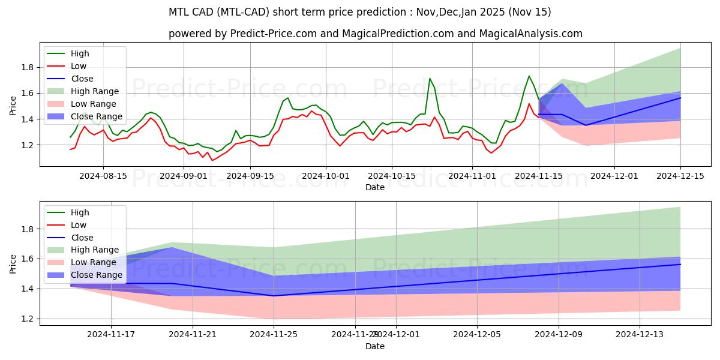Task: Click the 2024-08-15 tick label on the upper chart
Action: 103,176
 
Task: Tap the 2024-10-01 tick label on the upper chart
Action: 326,176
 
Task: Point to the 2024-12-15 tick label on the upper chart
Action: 680,176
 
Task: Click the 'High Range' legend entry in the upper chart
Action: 95,91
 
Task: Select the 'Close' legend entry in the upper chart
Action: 82,79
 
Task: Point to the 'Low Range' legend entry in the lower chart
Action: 94,262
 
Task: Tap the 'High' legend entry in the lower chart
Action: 80,212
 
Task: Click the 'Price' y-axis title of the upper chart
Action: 13,106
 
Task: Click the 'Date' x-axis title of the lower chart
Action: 375,346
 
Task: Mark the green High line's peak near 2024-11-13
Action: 529,76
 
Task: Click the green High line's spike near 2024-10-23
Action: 430,79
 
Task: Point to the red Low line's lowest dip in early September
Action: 212,160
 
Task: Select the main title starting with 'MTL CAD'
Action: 360,12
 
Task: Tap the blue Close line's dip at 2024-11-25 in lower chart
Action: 274,295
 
